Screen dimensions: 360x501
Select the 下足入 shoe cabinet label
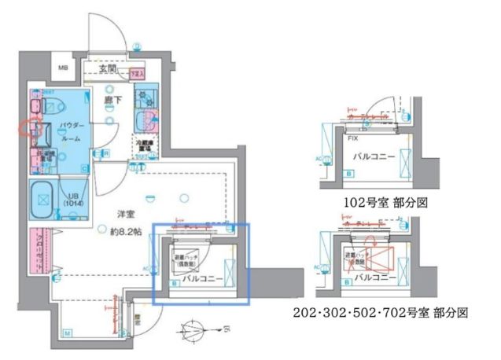[138, 75]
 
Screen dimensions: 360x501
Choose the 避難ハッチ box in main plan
[187, 259]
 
